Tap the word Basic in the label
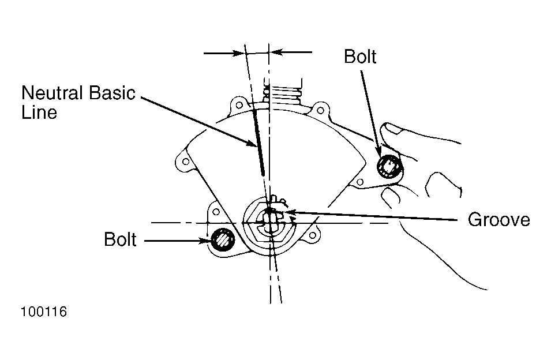tap(112, 93)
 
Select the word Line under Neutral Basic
tap(39, 112)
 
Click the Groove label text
tap(498, 220)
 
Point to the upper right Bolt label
tap(360, 57)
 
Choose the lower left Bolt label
tap(120, 239)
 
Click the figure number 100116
tap(44, 312)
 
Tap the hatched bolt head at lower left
tap(223, 239)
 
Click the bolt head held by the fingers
tap(389, 166)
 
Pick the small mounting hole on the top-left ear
tap(239, 105)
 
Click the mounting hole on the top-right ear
tap(320, 111)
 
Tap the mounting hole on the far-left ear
tap(186, 162)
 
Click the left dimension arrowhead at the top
tap(239, 53)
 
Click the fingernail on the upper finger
tap(394, 128)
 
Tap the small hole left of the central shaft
tap(216, 212)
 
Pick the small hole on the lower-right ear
tap(312, 235)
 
